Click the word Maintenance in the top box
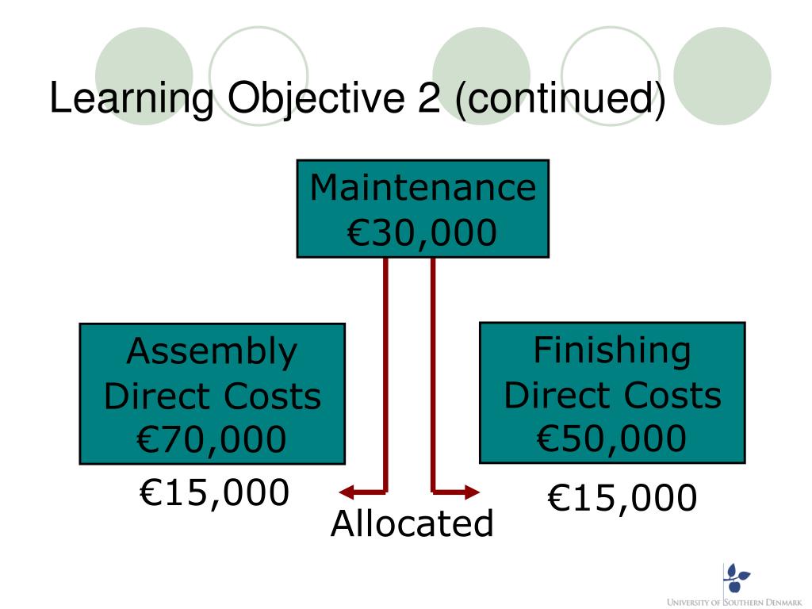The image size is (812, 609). click(x=423, y=189)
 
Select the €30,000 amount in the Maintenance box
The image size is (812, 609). click(x=423, y=232)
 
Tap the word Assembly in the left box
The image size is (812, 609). click(x=212, y=351)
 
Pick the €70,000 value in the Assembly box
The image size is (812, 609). click(x=212, y=439)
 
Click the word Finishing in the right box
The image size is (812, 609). click(x=612, y=350)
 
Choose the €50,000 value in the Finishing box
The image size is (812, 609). click(x=612, y=439)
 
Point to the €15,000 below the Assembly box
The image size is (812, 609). click(x=214, y=493)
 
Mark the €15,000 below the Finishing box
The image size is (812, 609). click(x=622, y=499)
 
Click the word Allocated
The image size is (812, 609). click(x=412, y=524)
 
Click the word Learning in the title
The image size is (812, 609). click(x=132, y=99)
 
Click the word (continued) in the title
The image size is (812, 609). click(x=560, y=99)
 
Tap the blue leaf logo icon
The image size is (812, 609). click(x=737, y=577)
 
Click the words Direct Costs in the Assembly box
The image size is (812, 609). click(x=213, y=396)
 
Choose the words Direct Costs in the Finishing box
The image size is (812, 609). click(x=612, y=395)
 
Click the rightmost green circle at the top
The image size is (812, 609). click(x=722, y=75)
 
